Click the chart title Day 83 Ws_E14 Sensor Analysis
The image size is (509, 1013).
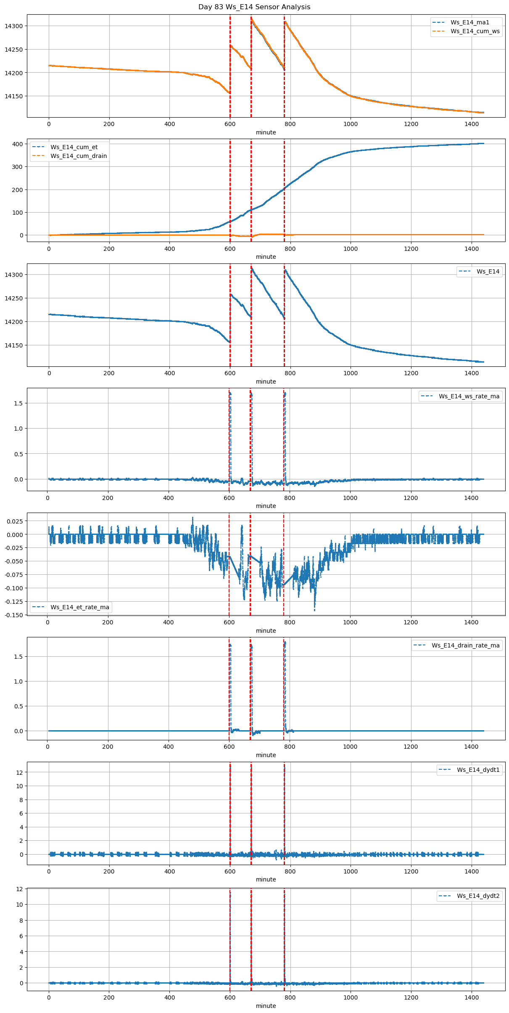[x=254, y=7]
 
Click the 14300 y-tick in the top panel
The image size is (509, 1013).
[x=14, y=26]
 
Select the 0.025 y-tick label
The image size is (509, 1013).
[x=15, y=521]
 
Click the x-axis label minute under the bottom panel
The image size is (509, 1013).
[x=266, y=1006]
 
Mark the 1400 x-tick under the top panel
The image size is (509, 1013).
[x=472, y=124]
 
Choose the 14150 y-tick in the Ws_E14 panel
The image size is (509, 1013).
[x=14, y=345]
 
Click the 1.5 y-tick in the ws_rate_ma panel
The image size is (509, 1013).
[x=19, y=403]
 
